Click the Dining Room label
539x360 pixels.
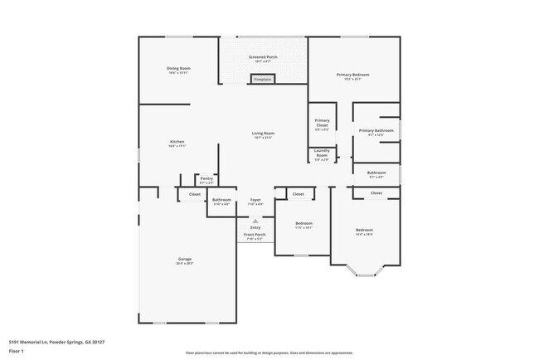click(x=179, y=70)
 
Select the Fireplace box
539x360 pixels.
click(x=263, y=79)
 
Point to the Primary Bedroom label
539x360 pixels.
click(x=352, y=75)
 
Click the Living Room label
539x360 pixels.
click(x=263, y=134)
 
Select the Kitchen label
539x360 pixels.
click(x=177, y=143)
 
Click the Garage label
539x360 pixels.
click(x=184, y=260)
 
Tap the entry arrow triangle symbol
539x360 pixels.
click(x=255, y=221)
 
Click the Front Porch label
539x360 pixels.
click(x=255, y=236)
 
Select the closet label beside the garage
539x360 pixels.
click(x=194, y=194)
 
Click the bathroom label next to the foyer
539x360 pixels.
click(x=221, y=201)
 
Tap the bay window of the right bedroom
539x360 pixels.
click(x=364, y=270)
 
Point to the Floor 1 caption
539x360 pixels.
click(x=17, y=351)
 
